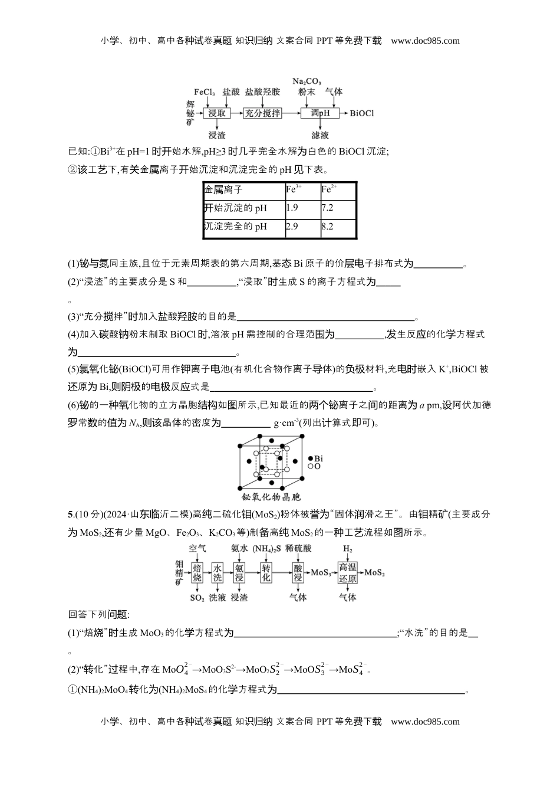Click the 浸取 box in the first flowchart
tap(216, 113)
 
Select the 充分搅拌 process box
tap(263, 113)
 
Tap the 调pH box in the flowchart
tap(320, 113)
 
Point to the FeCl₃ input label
tap(205, 92)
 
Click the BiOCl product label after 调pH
tap(362, 113)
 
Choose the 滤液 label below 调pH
tap(320, 135)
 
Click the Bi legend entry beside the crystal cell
tap(315, 458)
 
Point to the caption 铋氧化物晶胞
tap(271, 497)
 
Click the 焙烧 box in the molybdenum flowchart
tap(197, 572)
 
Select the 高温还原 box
tap(347, 572)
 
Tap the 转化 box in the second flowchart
tap(266, 572)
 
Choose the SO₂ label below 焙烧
tap(197, 598)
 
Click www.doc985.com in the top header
tap(425, 41)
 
